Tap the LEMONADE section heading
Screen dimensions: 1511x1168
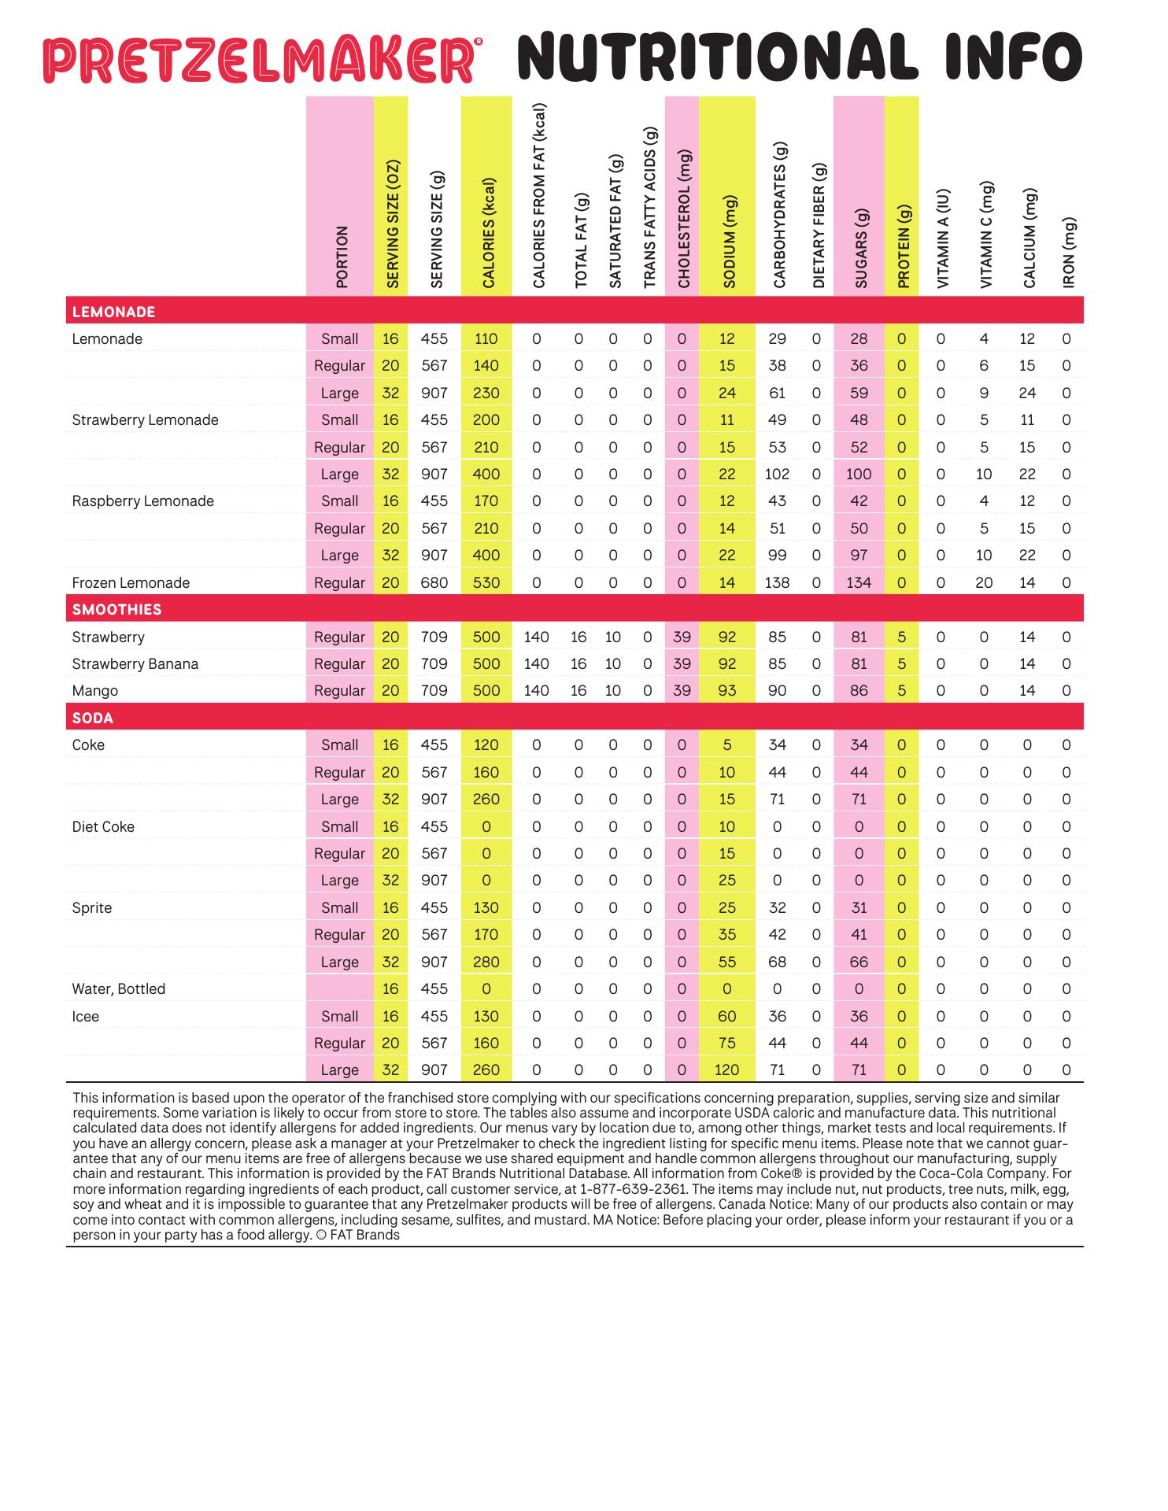(x=113, y=312)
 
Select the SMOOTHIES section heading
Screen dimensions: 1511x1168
(x=116, y=610)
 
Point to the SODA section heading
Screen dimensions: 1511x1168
(x=92, y=719)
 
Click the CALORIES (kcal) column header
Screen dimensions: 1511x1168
(x=488, y=234)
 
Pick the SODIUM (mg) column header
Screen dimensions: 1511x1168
(x=728, y=242)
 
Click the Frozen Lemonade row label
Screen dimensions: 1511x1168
(x=131, y=583)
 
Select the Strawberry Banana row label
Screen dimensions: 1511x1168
(x=135, y=664)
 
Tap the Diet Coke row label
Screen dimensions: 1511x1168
(x=103, y=827)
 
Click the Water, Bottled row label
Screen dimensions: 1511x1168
(x=118, y=989)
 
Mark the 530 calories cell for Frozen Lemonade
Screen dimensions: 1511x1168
(x=486, y=583)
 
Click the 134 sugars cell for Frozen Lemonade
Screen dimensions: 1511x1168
(x=859, y=583)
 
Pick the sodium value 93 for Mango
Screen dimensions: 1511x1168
(x=726, y=691)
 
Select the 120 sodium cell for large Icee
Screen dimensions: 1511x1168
(x=726, y=1070)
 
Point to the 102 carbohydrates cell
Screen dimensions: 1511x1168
(x=777, y=475)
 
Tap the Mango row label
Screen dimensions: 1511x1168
(x=94, y=691)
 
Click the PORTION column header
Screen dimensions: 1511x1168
(x=341, y=257)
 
